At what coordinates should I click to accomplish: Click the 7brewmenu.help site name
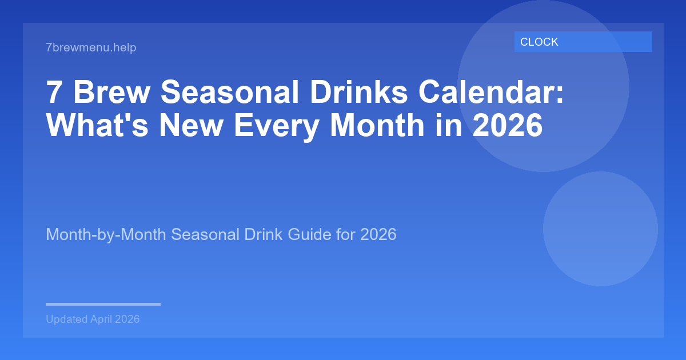click(91, 47)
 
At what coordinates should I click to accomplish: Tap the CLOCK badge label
click(539, 42)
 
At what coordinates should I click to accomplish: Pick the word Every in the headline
click(275, 126)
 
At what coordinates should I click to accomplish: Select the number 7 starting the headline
click(54, 93)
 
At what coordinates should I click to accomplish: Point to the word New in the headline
click(191, 126)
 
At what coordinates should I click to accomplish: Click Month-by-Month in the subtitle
click(106, 234)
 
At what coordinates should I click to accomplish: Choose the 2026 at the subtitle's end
click(378, 234)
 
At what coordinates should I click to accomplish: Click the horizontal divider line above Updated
click(103, 304)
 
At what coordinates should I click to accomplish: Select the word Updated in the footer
click(66, 319)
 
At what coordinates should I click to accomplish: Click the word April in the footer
click(101, 319)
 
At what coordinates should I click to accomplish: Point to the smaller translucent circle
click(600, 229)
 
